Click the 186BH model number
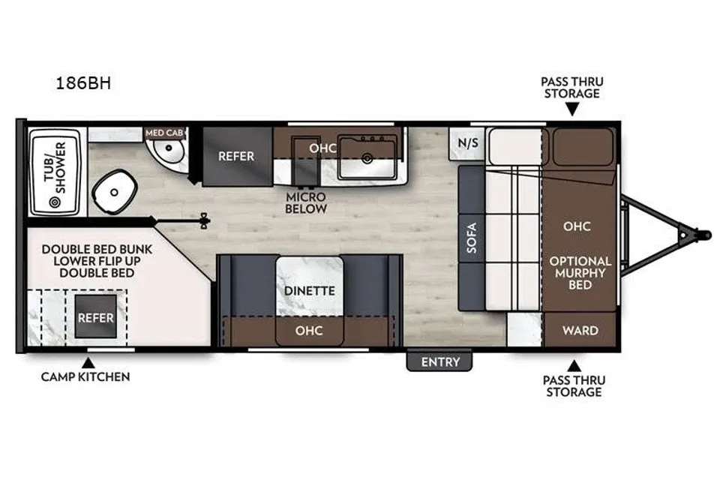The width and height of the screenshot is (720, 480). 83,83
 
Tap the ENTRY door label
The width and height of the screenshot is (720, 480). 440,362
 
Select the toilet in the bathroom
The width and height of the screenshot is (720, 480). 114,191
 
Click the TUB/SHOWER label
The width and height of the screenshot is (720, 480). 55,167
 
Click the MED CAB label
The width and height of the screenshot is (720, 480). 164,133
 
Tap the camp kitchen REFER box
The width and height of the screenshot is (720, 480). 95,317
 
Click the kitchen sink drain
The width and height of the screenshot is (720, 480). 367,159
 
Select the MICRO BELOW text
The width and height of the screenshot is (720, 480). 306,202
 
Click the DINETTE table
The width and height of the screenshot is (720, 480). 309,286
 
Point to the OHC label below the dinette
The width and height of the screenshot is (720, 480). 308,330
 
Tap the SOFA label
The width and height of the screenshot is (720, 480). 472,238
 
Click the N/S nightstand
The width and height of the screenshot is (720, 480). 467,142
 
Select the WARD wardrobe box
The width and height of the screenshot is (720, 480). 580,330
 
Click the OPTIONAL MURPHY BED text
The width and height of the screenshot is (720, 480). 580,273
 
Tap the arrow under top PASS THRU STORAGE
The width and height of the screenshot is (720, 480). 571,109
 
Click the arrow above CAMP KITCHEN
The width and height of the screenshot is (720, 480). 88,363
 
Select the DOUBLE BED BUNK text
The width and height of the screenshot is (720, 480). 97,250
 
